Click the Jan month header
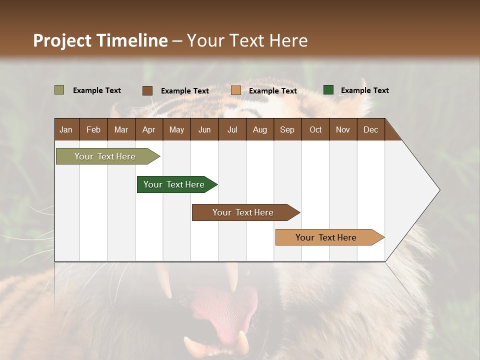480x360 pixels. [x=66, y=129]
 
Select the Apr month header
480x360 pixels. [x=148, y=129]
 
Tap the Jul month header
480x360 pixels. [x=232, y=129]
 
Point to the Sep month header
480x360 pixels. [x=287, y=129]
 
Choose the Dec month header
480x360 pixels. [x=370, y=129]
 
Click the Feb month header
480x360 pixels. [x=93, y=129]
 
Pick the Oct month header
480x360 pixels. [x=315, y=129]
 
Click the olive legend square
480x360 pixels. [x=59, y=90]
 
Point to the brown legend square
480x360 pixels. [x=147, y=90]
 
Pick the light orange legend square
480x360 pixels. [x=236, y=90]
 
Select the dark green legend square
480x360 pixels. [x=328, y=90]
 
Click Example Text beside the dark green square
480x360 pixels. [x=364, y=90]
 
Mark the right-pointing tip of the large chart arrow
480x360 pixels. [x=439, y=190]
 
